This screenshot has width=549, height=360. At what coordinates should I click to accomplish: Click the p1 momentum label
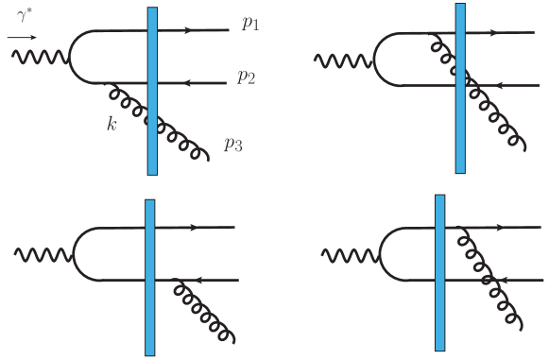(x=249, y=24)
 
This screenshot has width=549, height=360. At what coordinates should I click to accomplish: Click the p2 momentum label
(x=247, y=78)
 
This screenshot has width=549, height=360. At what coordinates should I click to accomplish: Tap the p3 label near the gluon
(x=232, y=145)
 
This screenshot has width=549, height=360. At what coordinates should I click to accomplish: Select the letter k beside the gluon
(x=112, y=124)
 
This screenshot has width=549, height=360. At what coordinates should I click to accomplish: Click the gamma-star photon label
(x=25, y=16)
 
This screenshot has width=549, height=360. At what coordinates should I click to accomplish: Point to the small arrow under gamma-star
(x=21, y=38)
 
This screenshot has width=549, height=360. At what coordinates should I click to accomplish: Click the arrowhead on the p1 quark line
(x=190, y=30)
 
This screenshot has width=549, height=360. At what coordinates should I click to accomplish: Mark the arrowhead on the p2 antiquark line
(x=183, y=83)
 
